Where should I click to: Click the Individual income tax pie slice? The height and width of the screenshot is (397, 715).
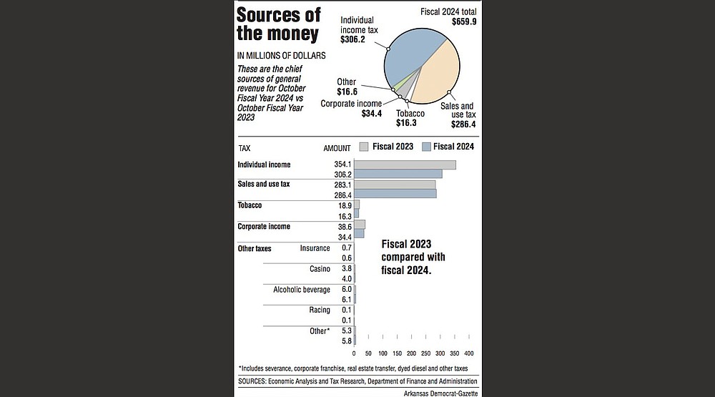pos(408,57)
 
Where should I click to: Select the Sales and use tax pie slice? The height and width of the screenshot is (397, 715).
pos(438,73)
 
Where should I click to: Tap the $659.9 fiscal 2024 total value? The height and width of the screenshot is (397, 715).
pos(464,21)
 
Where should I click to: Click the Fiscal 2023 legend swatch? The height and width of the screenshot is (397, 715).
pos(363,147)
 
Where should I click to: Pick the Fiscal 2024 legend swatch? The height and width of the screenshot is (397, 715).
pos(426,147)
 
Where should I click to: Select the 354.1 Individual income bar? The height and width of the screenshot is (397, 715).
pos(405,165)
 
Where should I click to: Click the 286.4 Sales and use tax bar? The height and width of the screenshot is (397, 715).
pos(395,194)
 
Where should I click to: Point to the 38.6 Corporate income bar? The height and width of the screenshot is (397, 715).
pos(360,225)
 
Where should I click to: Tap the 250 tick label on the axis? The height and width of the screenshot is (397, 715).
pos(425,353)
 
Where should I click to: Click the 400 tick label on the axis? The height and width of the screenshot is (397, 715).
pos(469,353)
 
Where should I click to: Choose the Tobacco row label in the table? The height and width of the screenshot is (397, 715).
pos(250,205)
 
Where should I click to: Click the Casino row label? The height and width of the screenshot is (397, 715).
pos(320,269)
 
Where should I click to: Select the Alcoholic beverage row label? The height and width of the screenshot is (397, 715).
pos(302,290)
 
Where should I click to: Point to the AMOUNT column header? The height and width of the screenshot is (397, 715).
pos(337,148)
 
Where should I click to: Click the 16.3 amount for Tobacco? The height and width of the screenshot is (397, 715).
pos(345,216)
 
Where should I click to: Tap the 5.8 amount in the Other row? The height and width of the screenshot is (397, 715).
pos(347,341)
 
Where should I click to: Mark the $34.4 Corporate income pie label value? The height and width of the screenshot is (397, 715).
pos(372,113)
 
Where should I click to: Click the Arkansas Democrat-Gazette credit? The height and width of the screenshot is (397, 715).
pos(440,393)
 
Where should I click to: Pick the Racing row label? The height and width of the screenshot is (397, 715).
pos(320,310)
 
